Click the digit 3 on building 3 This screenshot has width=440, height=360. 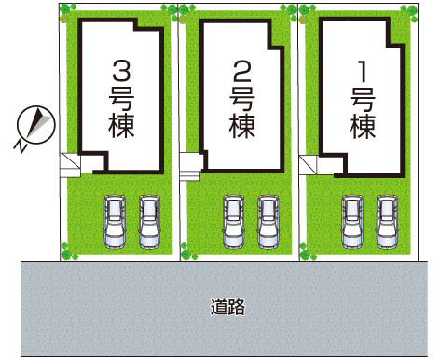(121, 71)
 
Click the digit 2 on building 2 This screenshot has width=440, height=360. (241, 71)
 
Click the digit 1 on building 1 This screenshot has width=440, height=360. (363, 71)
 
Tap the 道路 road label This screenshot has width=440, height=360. (228, 305)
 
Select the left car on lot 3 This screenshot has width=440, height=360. (114, 222)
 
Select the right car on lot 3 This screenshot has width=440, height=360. (149, 222)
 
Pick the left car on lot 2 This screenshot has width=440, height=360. (233, 222)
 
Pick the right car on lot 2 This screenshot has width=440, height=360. (268, 222)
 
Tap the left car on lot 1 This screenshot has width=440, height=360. (353, 222)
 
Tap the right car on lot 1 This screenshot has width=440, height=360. (388, 222)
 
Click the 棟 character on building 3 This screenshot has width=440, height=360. (121, 125)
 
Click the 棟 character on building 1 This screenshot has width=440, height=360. (363, 125)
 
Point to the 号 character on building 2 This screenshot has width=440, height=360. (241, 97)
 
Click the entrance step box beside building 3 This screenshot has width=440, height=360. (70, 163)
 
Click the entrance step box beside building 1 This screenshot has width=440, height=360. (309, 163)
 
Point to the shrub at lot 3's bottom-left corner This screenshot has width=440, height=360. (67, 251)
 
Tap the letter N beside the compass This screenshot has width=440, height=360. (19, 145)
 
